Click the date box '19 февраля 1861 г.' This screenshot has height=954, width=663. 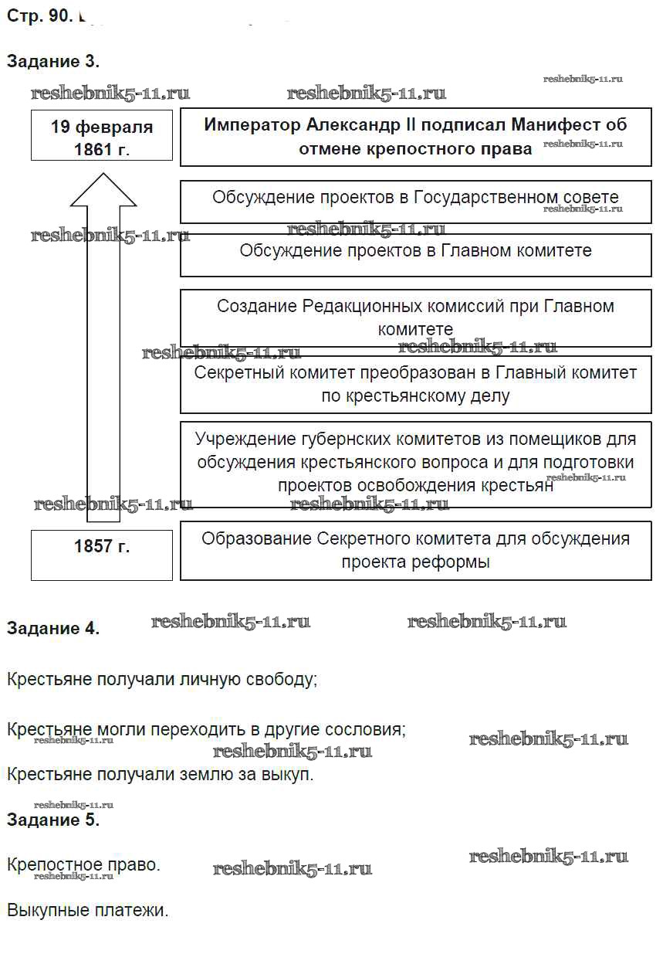(102, 137)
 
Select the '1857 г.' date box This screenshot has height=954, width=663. (102, 554)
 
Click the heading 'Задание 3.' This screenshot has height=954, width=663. (53, 61)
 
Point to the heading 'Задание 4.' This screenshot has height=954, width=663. (53, 628)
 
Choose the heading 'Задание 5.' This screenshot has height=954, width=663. (53, 820)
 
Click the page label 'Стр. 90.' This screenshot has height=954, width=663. (39, 16)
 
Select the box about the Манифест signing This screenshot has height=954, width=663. (415, 137)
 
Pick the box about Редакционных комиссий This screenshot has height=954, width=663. (415, 317)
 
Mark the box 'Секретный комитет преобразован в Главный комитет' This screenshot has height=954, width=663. (415, 384)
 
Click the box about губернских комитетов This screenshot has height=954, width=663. (415, 463)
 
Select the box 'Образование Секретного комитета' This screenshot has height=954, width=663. (415, 550)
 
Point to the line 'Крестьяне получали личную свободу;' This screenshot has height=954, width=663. (162, 680)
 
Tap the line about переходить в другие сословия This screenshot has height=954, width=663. (206, 728)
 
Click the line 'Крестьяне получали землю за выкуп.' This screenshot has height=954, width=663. (161, 774)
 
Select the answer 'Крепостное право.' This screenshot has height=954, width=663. (83, 864)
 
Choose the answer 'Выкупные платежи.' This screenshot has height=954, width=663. (87, 910)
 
